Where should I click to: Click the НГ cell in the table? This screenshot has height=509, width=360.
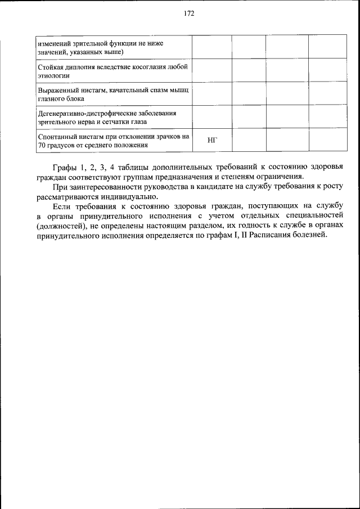coord(212,140)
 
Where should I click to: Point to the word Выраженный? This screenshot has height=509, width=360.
coord(57,90)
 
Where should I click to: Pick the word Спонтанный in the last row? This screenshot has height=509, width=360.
coord(57,136)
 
